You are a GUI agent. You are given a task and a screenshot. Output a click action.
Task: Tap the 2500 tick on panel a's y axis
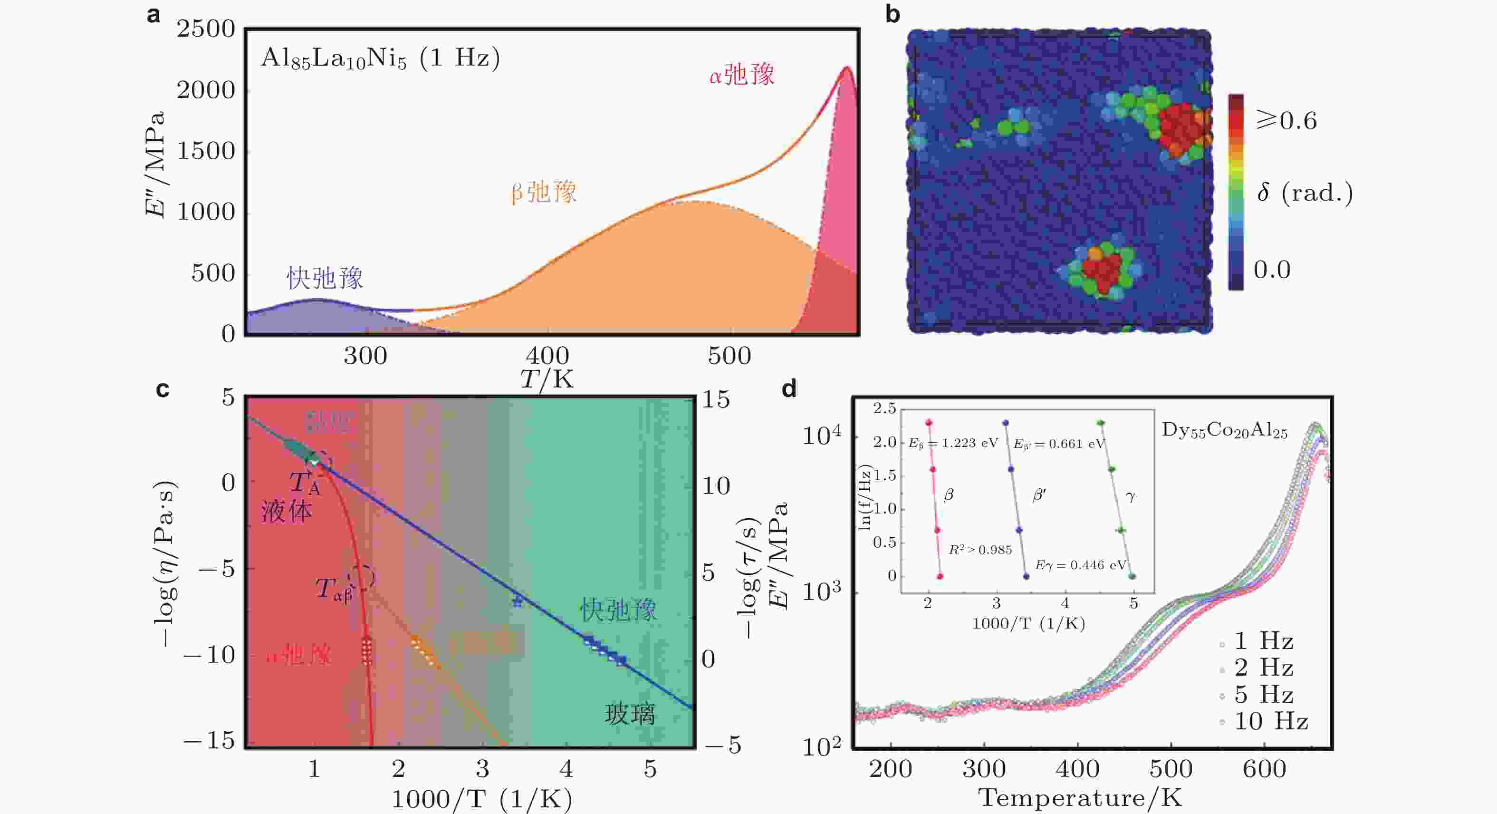coord(206,29)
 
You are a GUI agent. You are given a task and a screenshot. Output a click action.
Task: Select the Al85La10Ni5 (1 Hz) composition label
coord(380,58)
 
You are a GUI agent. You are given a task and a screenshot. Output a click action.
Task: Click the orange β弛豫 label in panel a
coord(543,192)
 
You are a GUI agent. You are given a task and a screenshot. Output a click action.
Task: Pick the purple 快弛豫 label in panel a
coord(324,278)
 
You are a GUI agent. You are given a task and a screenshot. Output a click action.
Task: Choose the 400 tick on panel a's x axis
coord(547,356)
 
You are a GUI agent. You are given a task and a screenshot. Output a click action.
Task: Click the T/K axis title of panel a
coord(546,379)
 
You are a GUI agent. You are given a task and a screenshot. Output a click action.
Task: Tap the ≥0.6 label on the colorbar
coord(1286,120)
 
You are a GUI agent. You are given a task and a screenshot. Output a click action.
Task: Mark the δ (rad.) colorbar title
coord(1305,192)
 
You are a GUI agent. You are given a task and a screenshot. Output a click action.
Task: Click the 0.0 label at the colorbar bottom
coord(1272,270)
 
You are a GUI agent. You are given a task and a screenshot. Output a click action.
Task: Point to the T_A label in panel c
coord(305,483)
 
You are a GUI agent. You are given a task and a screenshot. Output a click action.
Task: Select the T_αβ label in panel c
coord(334,590)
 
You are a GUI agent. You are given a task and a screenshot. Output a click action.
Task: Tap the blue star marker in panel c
coord(517,601)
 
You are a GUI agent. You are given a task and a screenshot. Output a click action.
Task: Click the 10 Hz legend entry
coord(1270,722)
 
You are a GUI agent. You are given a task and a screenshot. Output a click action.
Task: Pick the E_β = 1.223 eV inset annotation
coord(953,444)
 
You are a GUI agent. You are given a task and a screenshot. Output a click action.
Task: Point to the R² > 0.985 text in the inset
coord(980,550)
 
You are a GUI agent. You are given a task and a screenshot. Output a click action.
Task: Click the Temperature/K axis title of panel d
coord(1080,797)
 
